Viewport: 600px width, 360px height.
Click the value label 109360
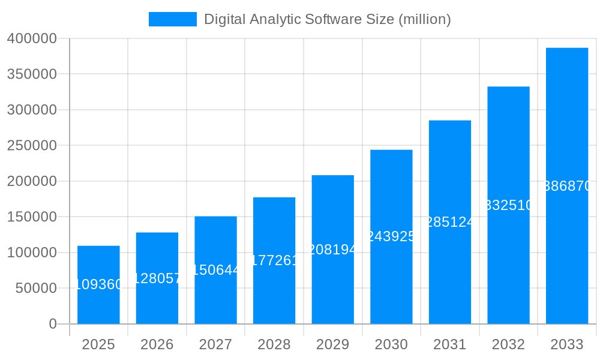tap(98, 284)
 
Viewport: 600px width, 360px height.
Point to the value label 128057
tap(157, 278)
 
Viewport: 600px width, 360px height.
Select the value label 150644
tap(215, 270)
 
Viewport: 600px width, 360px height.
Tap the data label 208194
tap(332, 250)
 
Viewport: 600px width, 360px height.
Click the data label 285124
tap(450, 222)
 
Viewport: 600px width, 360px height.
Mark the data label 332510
tap(508, 205)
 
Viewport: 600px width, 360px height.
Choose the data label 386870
tap(567, 186)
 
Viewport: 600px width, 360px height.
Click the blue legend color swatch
tap(173, 19)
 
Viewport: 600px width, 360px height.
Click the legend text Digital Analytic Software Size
tap(327, 19)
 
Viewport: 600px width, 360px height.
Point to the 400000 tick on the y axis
tap(32, 38)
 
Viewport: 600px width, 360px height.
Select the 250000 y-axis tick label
tap(32, 145)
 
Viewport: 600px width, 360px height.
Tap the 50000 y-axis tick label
tap(35, 288)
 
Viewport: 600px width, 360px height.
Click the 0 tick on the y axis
tap(53, 324)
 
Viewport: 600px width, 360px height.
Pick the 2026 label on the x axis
tap(157, 344)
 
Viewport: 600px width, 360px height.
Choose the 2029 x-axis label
tap(332, 344)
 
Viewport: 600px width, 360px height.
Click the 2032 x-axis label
tap(508, 344)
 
